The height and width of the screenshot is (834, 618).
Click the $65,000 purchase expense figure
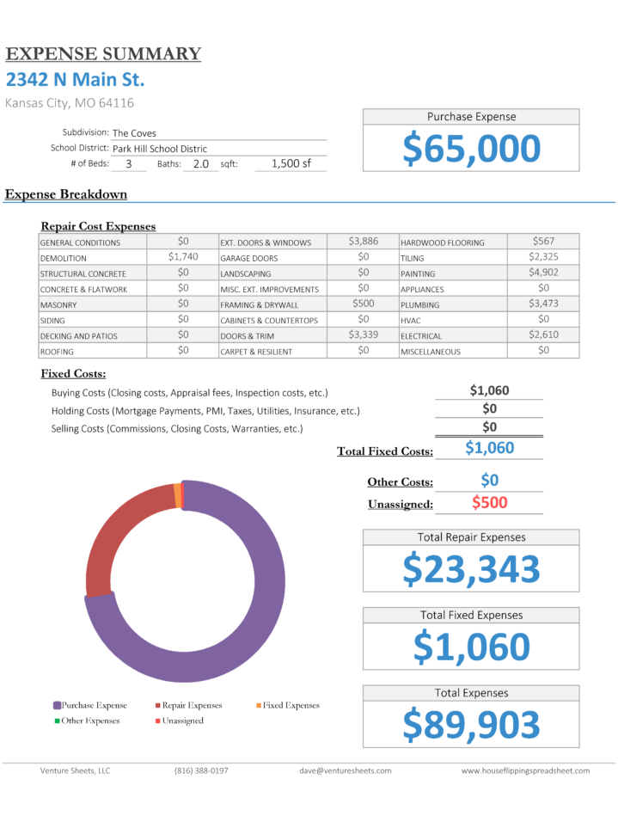pyautogui.click(x=472, y=149)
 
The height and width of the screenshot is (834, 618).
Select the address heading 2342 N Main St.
pyautogui.click(x=76, y=80)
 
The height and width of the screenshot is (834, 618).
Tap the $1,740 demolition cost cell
pyautogui.click(x=183, y=257)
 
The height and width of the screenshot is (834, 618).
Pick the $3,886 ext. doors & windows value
pyautogui.click(x=363, y=242)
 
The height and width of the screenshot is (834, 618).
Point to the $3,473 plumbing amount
pyautogui.click(x=543, y=304)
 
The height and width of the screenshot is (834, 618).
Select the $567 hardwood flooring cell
pyautogui.click(x=543, y=242)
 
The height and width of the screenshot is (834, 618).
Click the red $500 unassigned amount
pyautogui.click(x=489, y=503)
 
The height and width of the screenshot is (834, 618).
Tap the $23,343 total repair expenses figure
pyautogui.click(x=472, y=569)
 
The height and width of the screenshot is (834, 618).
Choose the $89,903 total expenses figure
pyautogui.click(x=472, y=725)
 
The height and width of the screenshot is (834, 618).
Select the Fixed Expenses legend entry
pyautogui.click(x=291, y=705)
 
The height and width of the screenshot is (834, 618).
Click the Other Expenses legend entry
pyautogui.click(x=89, y=721)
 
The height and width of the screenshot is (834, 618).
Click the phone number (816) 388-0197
pyautogui.click(x=201, y=770)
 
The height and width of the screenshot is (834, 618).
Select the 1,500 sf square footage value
pyautogui.click(x=291, y=163)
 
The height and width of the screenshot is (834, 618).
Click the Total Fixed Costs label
pyautogui.click(x=385, y=451)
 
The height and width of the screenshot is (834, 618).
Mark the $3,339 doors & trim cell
pyautogui.click(x=363, y=334)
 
